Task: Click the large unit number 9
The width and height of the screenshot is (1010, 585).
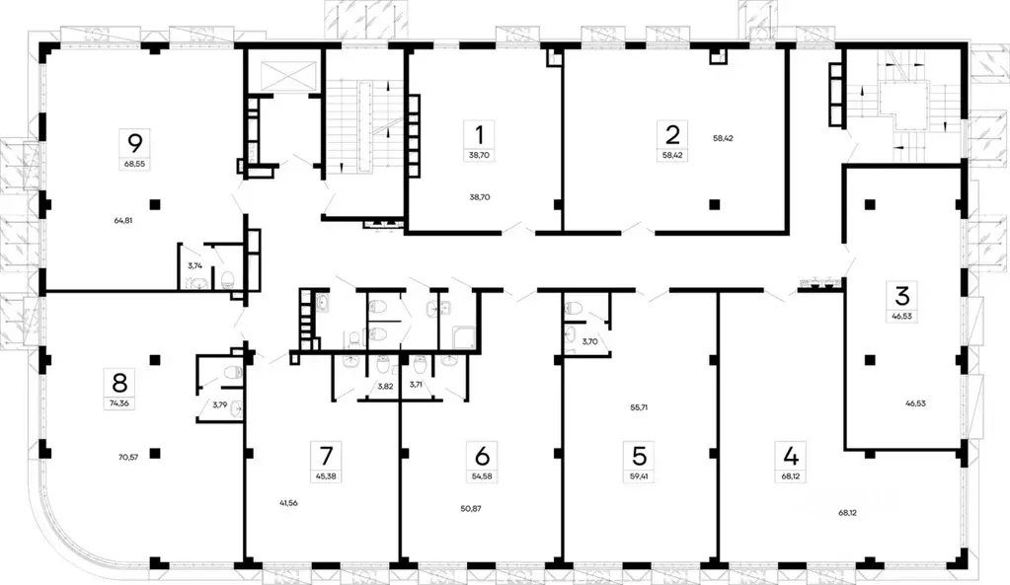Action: coord(127,140)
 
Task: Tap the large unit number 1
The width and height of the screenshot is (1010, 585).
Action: coord(480,134)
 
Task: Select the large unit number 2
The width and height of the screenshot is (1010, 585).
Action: coord(672,134)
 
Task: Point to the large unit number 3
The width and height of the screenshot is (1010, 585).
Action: coord(900,295)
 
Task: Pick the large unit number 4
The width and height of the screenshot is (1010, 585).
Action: coord(790,457)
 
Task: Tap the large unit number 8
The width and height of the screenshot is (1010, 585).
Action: coord(120,381)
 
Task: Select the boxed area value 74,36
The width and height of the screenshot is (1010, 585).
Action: coord(120,402)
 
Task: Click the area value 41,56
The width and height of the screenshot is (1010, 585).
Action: coord(289,503)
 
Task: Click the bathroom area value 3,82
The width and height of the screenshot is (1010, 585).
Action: coord(385,385)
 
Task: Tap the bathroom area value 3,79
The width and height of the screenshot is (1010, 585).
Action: coord(219,404)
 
